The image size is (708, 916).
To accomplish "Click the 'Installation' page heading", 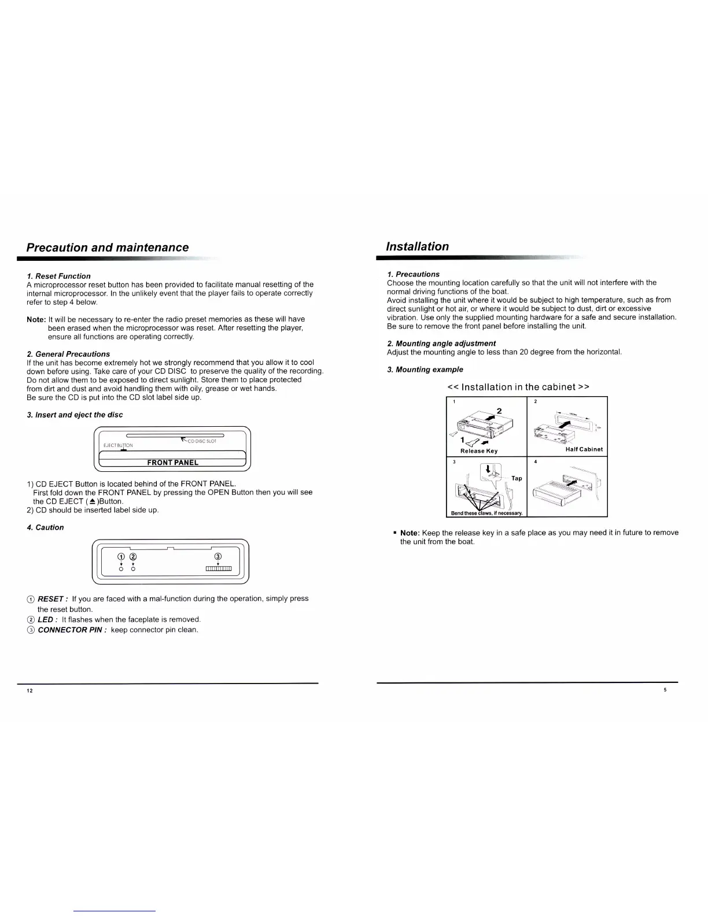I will click(417, 246).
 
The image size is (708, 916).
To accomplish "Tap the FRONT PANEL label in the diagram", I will click(172, 463).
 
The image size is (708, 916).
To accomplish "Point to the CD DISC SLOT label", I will click(202, 441).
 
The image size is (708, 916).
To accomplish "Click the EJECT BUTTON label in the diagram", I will click(118, 445).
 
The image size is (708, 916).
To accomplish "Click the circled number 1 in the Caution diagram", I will click(121, 556).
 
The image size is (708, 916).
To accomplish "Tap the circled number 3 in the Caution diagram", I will click(217, 556).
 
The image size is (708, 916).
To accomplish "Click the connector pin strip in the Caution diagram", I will click(219, 570).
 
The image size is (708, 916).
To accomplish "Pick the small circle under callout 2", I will click(133, 570).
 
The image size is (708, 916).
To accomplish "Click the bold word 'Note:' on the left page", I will click(36, 319).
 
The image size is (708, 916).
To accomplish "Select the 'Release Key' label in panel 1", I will click(478, 451).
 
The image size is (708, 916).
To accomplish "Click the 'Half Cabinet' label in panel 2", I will click(584, 449).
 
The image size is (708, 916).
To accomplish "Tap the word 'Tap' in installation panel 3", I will click(517, 478).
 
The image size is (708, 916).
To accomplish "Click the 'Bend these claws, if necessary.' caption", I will click(487, 513).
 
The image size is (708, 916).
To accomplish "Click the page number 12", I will click(30, 692).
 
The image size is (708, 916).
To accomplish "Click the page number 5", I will click(665, 690).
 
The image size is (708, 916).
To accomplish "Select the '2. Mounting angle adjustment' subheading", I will click(441, 343).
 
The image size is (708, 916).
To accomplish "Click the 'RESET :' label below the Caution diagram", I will click(53, 599).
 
